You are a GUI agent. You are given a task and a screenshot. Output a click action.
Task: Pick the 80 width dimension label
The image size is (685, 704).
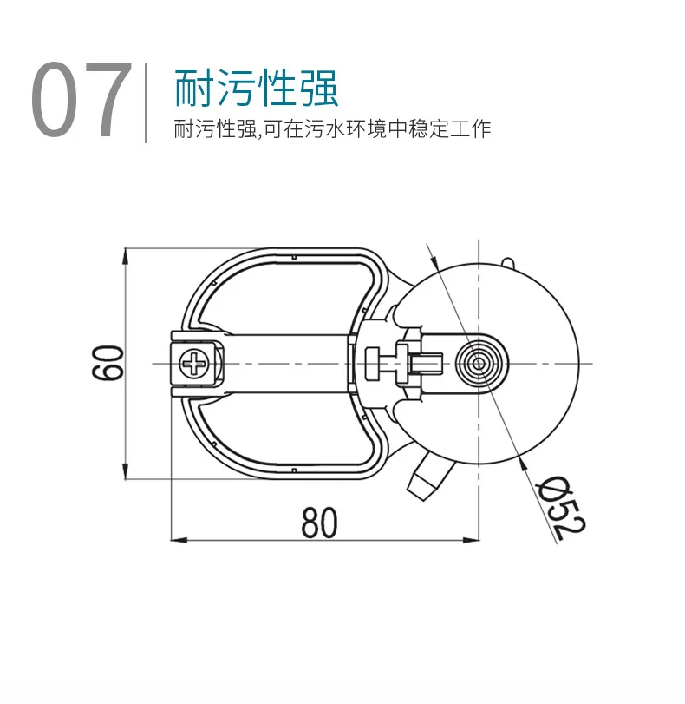[x=319, y=522]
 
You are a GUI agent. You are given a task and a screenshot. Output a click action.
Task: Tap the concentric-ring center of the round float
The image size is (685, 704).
[x=478, y=362]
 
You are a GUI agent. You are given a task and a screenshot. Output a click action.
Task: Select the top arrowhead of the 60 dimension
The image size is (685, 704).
[x=127, y=254]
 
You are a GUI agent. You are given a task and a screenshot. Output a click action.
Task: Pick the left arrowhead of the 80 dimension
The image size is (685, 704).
[x=178, y=541]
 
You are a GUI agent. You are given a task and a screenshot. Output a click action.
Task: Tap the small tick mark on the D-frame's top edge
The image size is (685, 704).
[x=296, y=256]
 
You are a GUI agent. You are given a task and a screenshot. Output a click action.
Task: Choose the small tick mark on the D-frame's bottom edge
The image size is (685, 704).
[x=296, y=470]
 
